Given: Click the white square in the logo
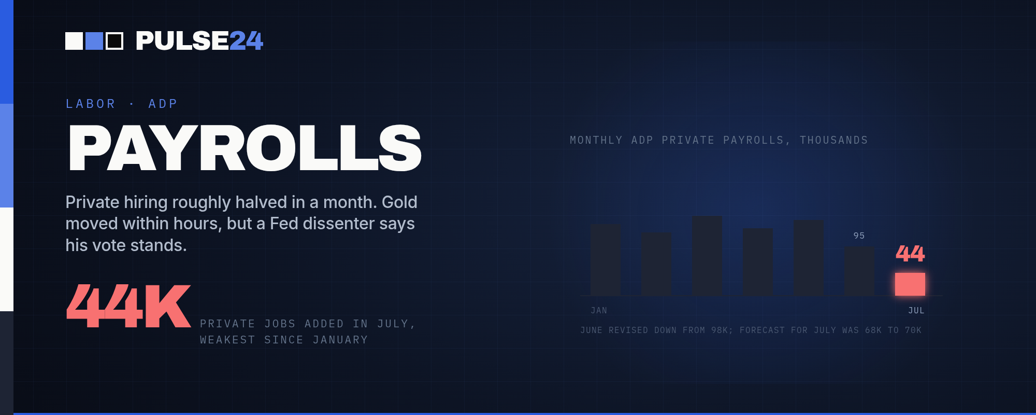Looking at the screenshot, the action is (74, 41).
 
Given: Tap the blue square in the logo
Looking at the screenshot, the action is (94, 41).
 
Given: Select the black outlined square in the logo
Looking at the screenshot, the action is (114, 41).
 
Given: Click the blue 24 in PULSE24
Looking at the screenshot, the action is (246, 41).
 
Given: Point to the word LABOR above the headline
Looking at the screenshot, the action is (91, 104).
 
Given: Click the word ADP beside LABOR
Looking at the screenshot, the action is (163, 104).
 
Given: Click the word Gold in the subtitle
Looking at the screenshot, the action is (399, 202).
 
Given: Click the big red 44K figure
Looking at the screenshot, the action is (128, 306).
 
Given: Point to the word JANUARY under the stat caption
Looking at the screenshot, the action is (340, 340).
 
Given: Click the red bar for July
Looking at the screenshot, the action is (910, 284).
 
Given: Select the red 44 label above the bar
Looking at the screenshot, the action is (910, 254).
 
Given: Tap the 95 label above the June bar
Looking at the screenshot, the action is (859, 236).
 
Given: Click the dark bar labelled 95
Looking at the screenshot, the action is (859, 271).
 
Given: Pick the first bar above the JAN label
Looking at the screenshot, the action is (606, 260).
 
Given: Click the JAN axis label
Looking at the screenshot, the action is (599, 310).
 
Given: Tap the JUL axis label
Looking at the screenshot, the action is (916, 310).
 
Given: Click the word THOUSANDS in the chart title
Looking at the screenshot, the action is (834, 140).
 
